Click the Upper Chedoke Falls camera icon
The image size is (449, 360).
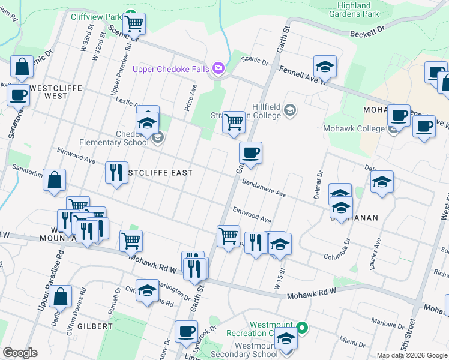point(218,69)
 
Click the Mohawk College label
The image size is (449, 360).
point(354,128)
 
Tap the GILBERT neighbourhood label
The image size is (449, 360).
point(94,326)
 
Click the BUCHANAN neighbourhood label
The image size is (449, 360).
point(355,218)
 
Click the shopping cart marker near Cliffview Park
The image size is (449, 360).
point(134,24)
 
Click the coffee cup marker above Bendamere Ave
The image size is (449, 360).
point(250,152)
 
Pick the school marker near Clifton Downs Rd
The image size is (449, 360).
point(147,290)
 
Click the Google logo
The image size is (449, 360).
point(20,353)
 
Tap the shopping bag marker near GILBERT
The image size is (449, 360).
point(61,296)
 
